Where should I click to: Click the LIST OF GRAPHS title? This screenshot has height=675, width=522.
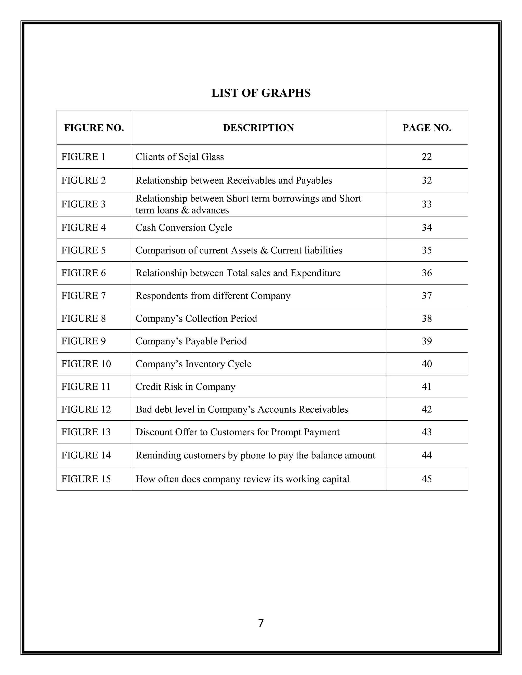point(261,93)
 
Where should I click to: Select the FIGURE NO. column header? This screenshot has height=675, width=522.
point(94,128)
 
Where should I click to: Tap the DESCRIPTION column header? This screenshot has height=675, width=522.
point(258,128)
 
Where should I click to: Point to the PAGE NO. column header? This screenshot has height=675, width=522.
point(427,128)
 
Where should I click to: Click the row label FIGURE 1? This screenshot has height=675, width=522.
point(84,157)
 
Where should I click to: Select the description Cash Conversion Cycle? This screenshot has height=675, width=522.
point(184,227)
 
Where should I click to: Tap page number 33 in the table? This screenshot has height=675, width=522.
point(427,204)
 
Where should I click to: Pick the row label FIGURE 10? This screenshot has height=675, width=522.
point(86,364)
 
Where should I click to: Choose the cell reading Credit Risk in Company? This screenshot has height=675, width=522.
point(186,387)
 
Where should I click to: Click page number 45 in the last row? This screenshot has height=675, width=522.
point(427,479)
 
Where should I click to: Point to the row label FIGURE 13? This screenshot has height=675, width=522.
point(86,432)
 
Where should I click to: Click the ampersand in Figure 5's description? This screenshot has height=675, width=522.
point(264,250)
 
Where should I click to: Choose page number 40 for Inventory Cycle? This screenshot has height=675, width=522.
point(427,364)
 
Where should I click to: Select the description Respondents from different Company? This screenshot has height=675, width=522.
point(213,296)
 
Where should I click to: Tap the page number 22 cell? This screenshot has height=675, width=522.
point(427,157)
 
